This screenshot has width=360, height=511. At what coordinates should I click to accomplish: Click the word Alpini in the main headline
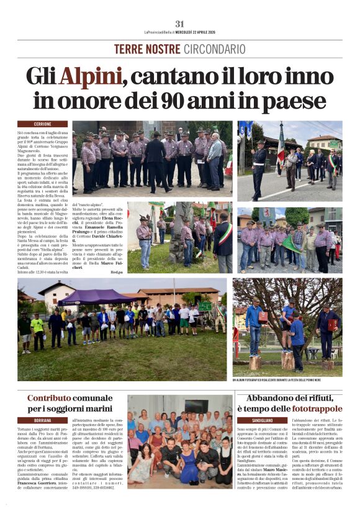click(x=90, y=76)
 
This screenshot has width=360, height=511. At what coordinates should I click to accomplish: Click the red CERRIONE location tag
click(x=34, y=124)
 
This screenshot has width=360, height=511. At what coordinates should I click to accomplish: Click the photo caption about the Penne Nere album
click(x=286, y=379)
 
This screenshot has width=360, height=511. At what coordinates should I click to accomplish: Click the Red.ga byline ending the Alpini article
click(x=117, y=272)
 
